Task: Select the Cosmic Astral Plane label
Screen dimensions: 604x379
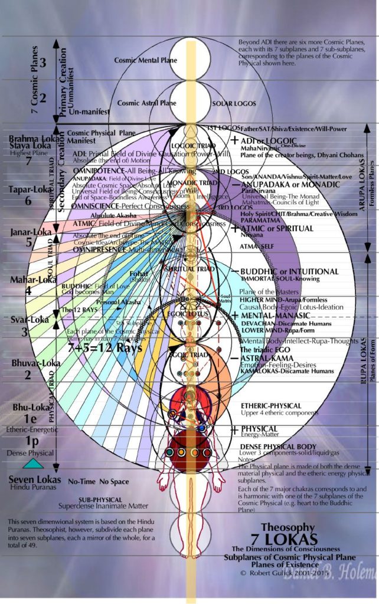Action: tap(146, 103)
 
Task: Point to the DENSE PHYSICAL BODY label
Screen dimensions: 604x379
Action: tap(278, 447)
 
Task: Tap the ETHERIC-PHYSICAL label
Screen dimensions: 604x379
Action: tap(270, 406)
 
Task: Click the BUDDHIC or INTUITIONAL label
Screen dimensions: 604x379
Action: tap(289, 272)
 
